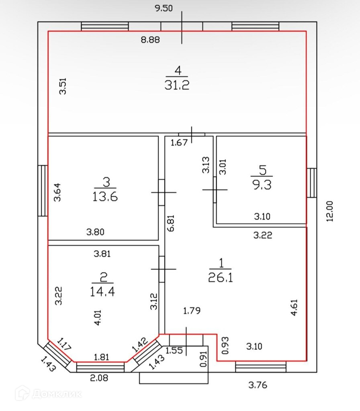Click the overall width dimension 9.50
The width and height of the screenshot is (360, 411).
pyautogui.click(x=164, y=8)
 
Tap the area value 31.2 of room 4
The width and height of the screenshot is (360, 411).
pyautogui.click(x=177, y=85)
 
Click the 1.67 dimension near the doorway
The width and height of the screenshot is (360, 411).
pyautogui.click(x=179, y=142)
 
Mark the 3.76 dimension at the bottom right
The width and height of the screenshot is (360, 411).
pyautogui.click(x=257, y=385)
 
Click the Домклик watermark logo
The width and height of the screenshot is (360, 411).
pyautogui.click(x=48, y=393)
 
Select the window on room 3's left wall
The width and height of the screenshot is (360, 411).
pyautogui.click(x=43, y=191)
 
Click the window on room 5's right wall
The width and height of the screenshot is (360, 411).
pyautogui.click(x=312, y=183)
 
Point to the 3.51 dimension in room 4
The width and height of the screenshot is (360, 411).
pyautogui.click(x=63, y=86)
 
